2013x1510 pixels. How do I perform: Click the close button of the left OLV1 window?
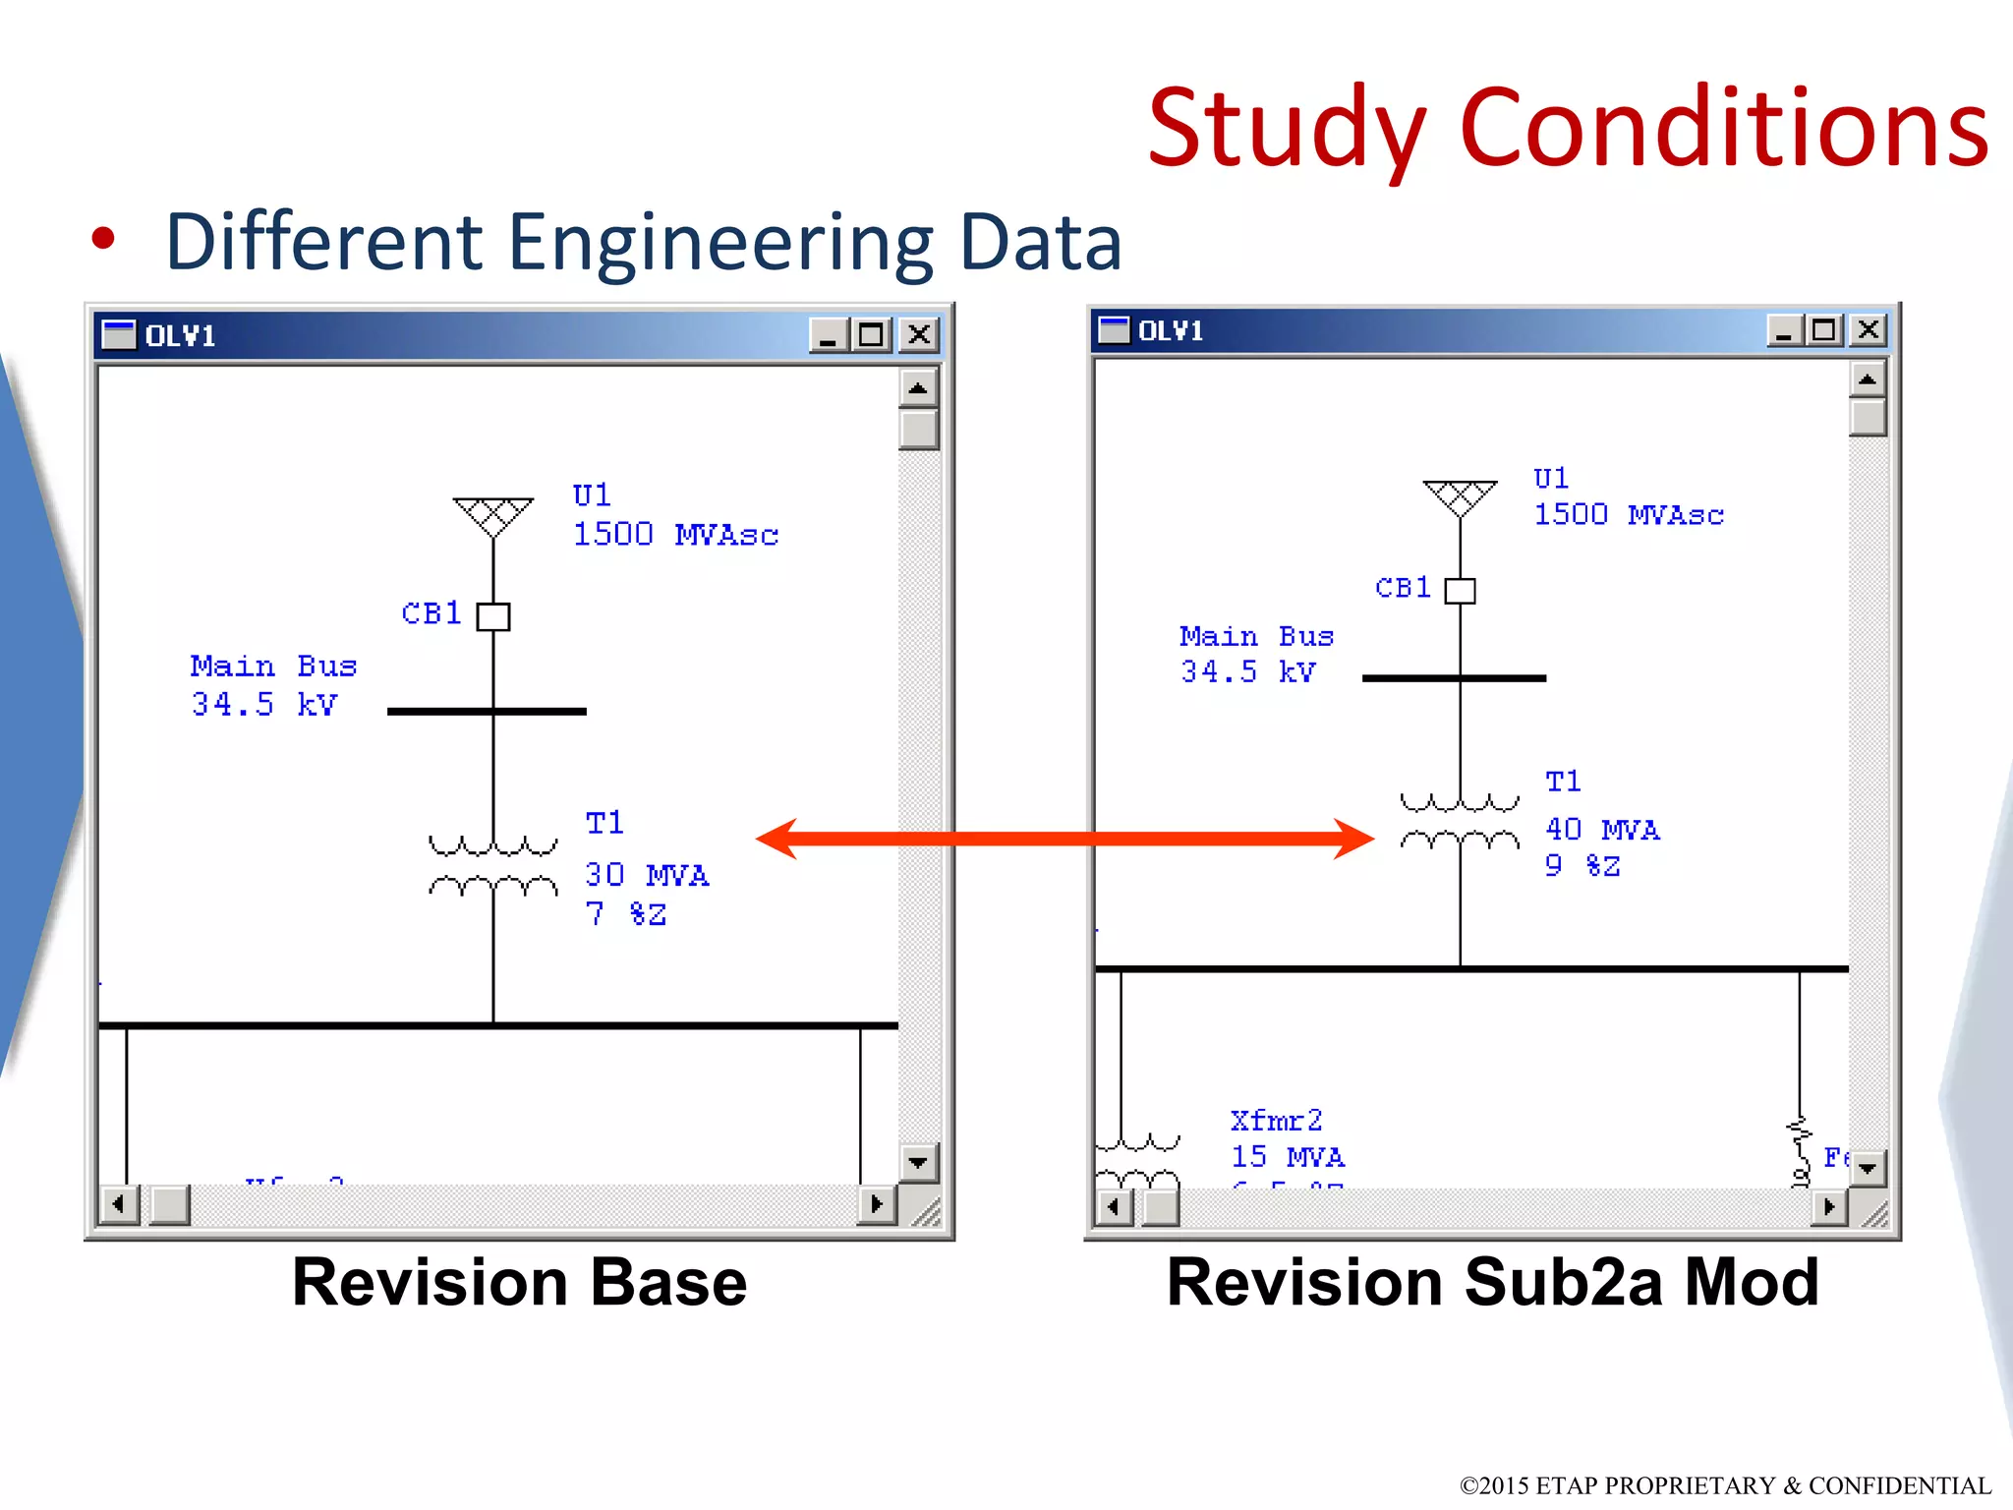[x=919, y=335]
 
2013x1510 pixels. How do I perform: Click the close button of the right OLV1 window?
[x=1868, y=330]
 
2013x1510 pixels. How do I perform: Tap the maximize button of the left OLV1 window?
[x=871, y=335]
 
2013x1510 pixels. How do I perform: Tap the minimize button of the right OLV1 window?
[x=1783, y=330]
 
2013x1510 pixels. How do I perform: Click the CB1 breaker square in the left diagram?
[x=493, y=616]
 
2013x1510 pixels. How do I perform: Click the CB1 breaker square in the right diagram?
[x=1460, y=591]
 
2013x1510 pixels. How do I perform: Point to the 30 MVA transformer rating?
[x=646, y=875]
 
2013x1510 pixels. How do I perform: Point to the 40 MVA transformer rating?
[x=1602, y=830]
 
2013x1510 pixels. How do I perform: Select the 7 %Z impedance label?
[x=626, y=914]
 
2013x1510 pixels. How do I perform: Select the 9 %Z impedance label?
[x=1582, y=866]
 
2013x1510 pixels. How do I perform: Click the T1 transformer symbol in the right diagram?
[x=1460, y=821]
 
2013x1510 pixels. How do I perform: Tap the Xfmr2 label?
[x=1276, y=1121]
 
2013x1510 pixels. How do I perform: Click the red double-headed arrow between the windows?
[x=1064, y=839]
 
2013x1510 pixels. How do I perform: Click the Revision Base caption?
[x=519, y=1283]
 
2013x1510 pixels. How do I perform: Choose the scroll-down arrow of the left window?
[x=918, y=1163]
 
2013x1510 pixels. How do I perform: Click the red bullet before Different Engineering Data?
[x=103, y=239]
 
